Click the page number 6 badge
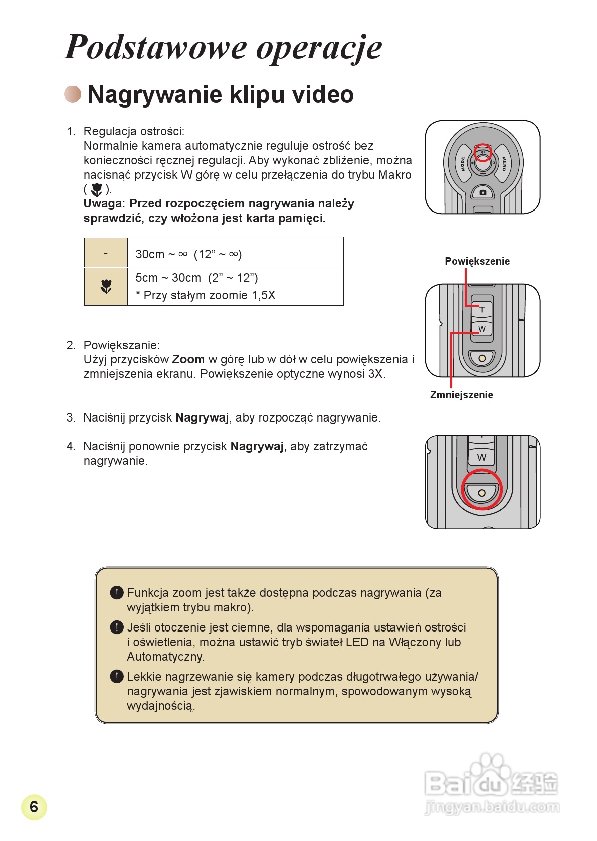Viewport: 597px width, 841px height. click(34, 806)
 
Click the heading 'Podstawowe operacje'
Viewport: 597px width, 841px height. click(224, 47)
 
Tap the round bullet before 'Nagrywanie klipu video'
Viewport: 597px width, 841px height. click(73, 94)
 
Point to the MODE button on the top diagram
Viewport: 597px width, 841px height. click(462, 163)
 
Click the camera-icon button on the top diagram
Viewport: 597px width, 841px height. click(482, 192)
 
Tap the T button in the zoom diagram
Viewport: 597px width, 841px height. click(482, 309)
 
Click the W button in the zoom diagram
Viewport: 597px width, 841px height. click(482, 329)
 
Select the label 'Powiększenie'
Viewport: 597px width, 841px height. click(477, 261)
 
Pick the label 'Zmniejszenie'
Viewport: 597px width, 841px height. click(461, 395)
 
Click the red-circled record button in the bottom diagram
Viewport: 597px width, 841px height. click(481, 493)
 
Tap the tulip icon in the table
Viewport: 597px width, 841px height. click(106, 287)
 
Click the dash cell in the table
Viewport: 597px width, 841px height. click(106, 253)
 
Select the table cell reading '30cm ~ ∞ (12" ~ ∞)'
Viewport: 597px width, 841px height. click(188, 254)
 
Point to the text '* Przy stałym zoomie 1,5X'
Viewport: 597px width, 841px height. click(206, 295)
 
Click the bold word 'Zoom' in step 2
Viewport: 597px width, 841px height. click(188, 359)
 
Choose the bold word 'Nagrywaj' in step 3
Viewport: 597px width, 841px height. click(202, 417)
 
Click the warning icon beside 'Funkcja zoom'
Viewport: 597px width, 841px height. click(116, 593)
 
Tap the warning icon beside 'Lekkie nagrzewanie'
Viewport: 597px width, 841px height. click(116, 677)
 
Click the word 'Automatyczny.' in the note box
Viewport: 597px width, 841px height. click(165, 657)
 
